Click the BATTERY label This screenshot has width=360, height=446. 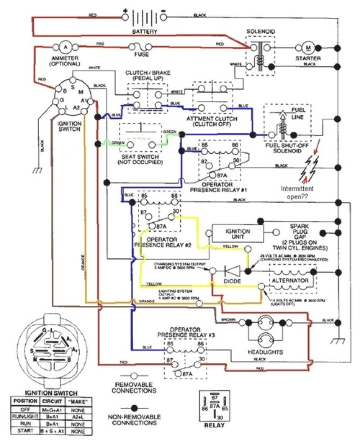(145, 32)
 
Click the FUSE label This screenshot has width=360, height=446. (141, 55)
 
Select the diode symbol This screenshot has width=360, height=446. (232, 271)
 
